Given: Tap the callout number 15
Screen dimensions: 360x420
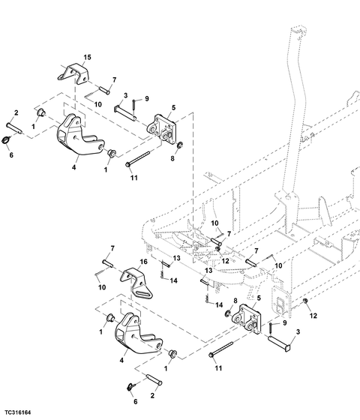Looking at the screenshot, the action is click(x=87, y=57).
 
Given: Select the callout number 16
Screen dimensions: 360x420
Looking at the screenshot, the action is click(x=144, y=262).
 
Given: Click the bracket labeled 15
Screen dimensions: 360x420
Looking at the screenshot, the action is click(x=73, y=73).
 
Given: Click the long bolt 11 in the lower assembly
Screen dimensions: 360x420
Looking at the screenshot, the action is click(x=220, y=349).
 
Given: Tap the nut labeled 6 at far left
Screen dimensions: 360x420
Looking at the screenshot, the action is click(x=6, y=139).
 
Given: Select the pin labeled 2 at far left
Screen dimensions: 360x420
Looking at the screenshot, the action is click(x=14, y=127).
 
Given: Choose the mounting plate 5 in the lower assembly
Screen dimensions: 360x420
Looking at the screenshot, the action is click(x=247, y=318).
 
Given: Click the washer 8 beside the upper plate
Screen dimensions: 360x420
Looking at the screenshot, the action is click(x=180, y=145).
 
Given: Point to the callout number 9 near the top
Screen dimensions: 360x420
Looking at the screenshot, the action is click(x=147, y=98).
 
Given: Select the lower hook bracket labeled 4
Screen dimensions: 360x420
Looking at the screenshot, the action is click(x=138, y=332).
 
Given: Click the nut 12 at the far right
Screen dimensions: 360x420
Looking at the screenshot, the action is click(x=304, y=301).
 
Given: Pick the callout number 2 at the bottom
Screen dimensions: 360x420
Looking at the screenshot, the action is click(x=152, y=395).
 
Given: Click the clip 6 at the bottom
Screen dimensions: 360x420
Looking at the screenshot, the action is click(x=130, y=386).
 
